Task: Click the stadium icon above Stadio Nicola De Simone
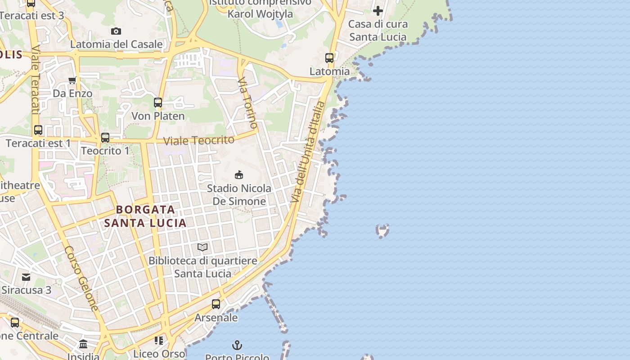(x=239, y=175)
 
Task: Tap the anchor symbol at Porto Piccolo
(x=237, y=345)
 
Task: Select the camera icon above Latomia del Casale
(x=116, y=31)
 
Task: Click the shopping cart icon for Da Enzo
(x=72, y=81)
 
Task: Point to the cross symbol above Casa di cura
(x=378, y=11)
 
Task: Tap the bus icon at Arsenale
(x=216, y=304)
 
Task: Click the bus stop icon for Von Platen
(x=158, y=103)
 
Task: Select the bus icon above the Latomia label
(x=329, y=58)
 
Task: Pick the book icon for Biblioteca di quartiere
(x=202, y=247)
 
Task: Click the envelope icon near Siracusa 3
(x=26, y=277)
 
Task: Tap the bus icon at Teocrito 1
(x=105, y=138)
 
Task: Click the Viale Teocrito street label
(x=198, y=140)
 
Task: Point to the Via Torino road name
(x=248, y=103)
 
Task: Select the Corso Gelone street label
(x=81, y=279)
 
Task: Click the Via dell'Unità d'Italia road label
(x=308, y=152)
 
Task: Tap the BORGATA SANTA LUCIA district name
(x=145, y=216)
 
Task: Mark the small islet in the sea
(x=382, y=231)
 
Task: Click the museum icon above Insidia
(x=83, y=344)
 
